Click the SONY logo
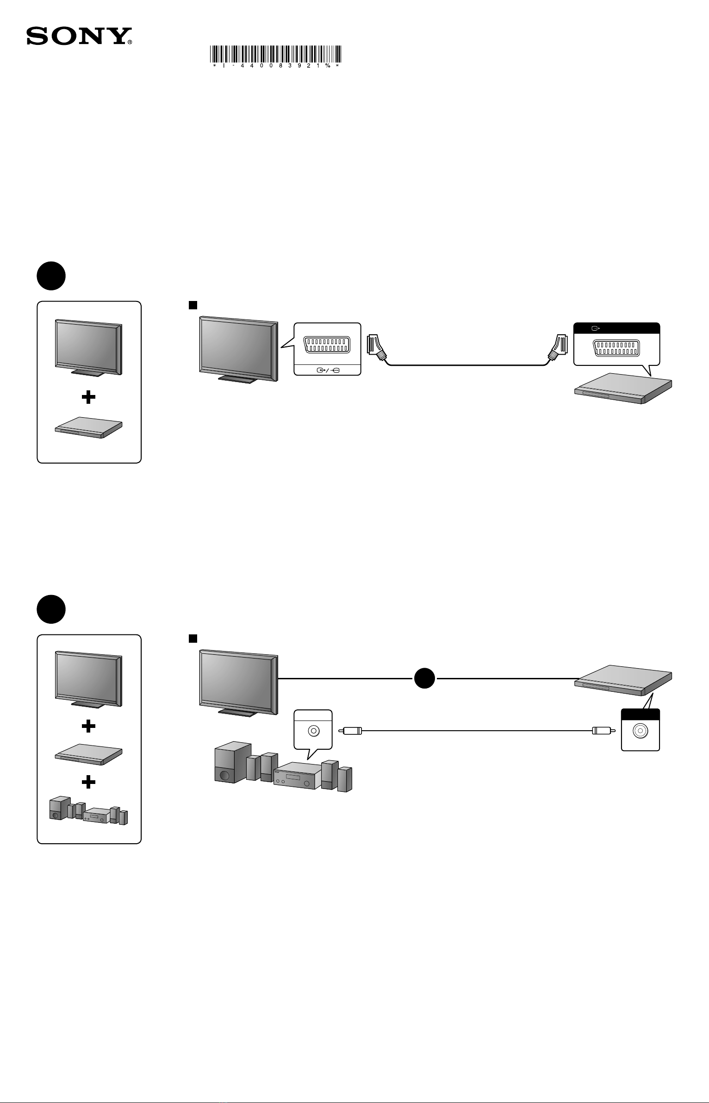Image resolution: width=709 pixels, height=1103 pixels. coord(79,36)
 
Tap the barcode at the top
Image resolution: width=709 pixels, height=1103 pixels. coord(276,54)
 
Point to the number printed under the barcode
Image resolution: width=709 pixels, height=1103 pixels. coord(276,66)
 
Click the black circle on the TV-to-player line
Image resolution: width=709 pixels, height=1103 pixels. coord(424,678)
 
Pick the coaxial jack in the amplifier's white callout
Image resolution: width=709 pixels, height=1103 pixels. coord(313,731)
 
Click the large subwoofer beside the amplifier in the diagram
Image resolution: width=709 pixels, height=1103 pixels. coord(230,763)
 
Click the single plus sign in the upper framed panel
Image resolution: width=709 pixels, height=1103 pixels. coord(88,397)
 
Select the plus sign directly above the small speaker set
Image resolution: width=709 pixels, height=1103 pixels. coord(88,782)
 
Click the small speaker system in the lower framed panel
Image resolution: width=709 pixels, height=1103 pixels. coord(88,810)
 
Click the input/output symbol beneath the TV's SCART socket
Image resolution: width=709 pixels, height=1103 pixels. coord(327,370)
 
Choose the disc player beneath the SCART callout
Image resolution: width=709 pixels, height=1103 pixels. coord(623,388)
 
